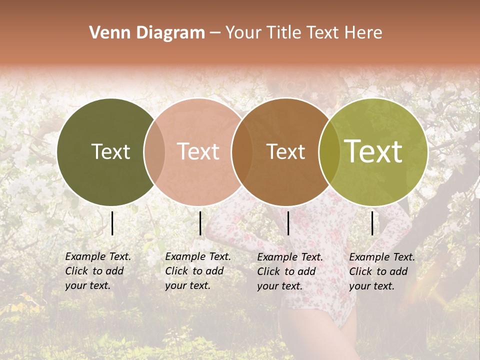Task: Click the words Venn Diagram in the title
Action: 147,33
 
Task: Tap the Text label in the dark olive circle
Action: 110,151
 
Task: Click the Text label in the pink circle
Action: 198,151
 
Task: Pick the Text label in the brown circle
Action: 285,151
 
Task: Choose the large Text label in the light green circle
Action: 373,151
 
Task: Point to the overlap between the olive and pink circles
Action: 154,151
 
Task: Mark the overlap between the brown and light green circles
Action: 329,151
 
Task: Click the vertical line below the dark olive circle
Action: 112,223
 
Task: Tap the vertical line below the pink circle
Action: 200,223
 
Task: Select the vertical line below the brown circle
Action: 288,223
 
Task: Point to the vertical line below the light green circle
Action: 372,223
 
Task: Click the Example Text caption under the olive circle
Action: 98,271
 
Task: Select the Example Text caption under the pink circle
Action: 198,271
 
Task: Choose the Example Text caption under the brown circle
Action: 290,271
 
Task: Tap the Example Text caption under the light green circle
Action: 382,271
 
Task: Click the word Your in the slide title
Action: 243,33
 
